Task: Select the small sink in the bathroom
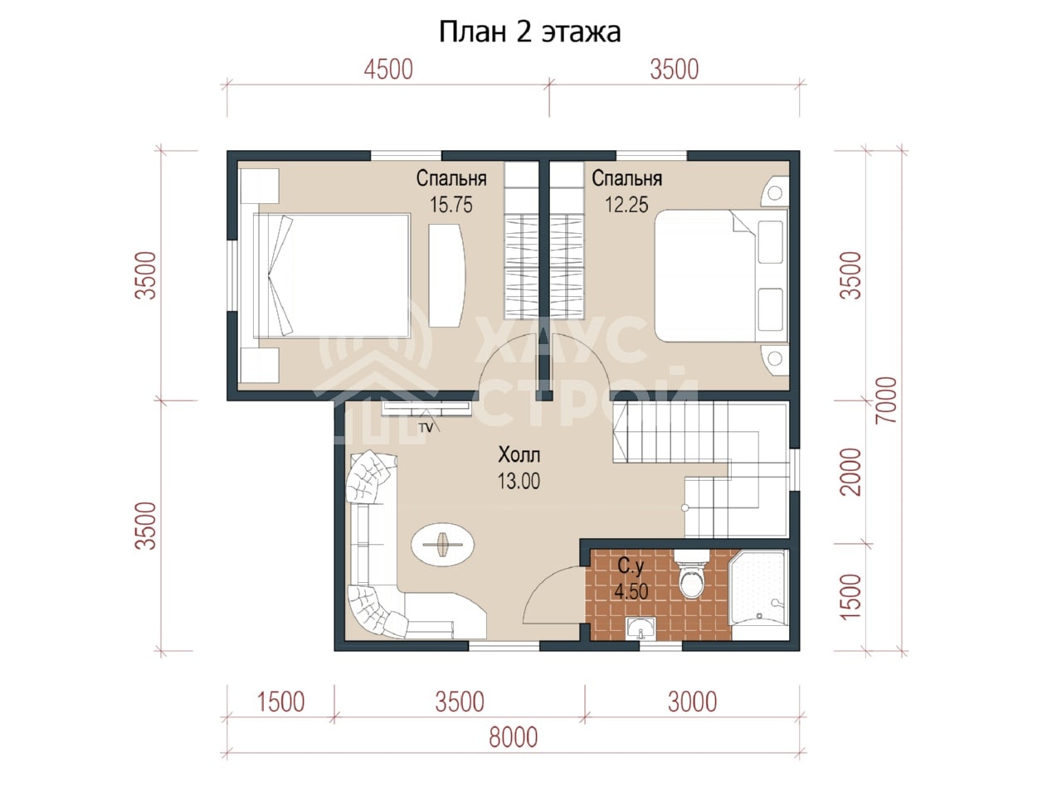tap(641, 629)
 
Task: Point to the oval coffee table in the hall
tap(443, 545)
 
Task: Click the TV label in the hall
tap(426, 428)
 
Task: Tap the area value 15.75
tap(451, 205)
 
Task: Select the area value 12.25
tap(626, 205)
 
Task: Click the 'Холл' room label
tap(519, 454)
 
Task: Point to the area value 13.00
tap(519, 482)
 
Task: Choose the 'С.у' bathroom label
tap(631, 566)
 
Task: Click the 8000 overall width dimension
tap(514, 737)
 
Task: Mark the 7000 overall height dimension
tap(887, 400)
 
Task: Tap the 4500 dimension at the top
tap(388, 70)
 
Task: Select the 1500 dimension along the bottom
tap(280, 702)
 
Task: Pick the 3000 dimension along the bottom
tap(692, 702)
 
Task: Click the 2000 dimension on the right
tap(851, 472)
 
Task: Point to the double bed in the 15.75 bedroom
tap(331, 275)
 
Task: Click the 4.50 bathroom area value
tap(631, 591)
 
